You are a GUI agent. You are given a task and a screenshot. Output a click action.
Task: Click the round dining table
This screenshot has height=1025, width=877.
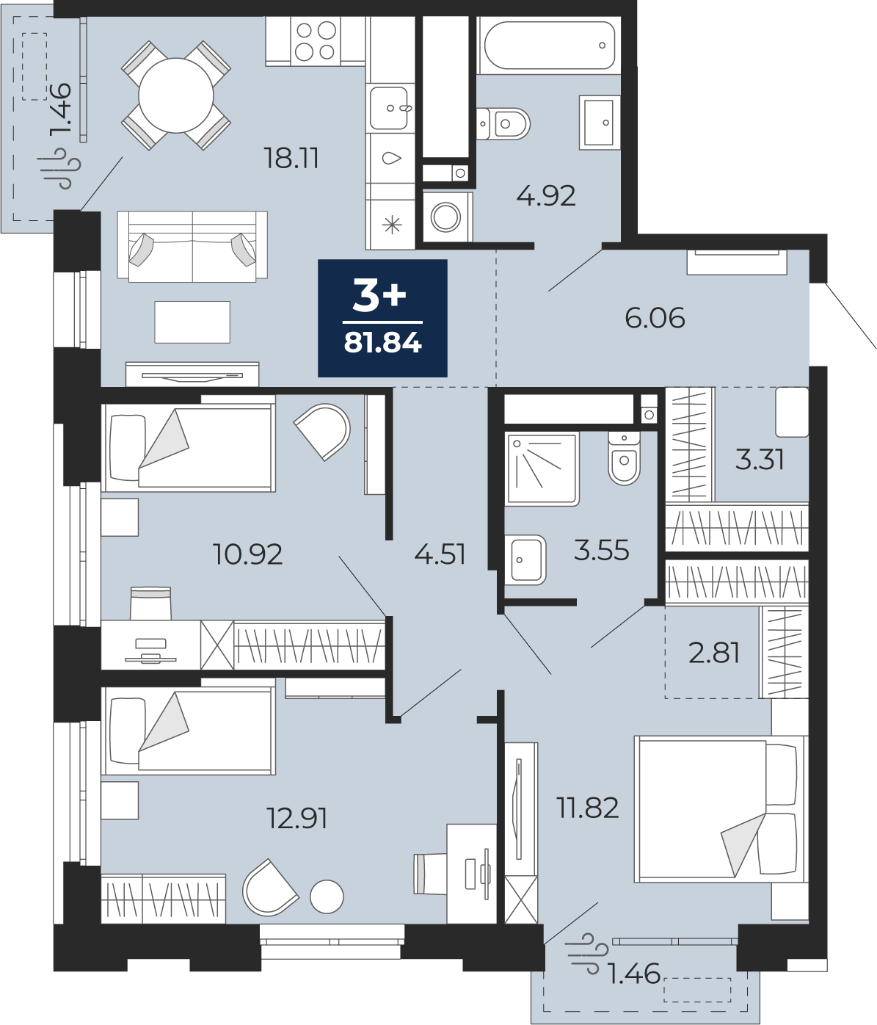tap(176, 95)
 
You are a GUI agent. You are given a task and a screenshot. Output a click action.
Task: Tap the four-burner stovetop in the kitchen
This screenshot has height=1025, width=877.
tap(316, 40)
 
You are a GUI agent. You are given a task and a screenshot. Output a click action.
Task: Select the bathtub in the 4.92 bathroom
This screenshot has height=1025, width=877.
tap(550, 45)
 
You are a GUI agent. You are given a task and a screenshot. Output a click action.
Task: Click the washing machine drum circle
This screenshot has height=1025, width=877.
tap(445, 217)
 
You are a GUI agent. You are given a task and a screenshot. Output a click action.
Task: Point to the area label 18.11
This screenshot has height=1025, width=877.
tap(291, 158)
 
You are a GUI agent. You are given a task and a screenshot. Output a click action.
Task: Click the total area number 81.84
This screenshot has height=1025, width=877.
tap(383, 343)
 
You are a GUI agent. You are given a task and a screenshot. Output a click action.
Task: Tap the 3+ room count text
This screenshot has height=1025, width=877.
tap(379, 296)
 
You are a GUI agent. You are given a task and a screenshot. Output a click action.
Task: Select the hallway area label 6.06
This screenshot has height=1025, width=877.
tap(655, 318)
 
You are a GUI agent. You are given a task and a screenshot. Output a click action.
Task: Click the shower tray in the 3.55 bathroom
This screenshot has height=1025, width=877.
tap(542, 468)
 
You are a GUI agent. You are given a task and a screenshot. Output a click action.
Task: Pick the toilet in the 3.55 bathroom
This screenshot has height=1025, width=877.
tap(624, 457)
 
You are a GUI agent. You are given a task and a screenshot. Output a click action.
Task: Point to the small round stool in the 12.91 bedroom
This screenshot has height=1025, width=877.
tap(327, 897)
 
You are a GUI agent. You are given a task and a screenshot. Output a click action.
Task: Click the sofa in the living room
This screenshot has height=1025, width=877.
tap(192, 247)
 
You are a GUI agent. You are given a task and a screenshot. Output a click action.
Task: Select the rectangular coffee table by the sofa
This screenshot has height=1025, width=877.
tap(192, 322)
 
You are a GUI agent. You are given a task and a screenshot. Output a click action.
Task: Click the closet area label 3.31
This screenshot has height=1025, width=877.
tap(759, 460)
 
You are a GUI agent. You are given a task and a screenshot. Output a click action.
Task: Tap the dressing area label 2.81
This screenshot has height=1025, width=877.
tap(714, 653)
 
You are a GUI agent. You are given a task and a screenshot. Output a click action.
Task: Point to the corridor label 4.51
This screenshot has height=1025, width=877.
tap(440, 554)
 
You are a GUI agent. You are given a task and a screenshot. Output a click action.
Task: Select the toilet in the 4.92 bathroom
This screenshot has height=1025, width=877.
tap(503, 123)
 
